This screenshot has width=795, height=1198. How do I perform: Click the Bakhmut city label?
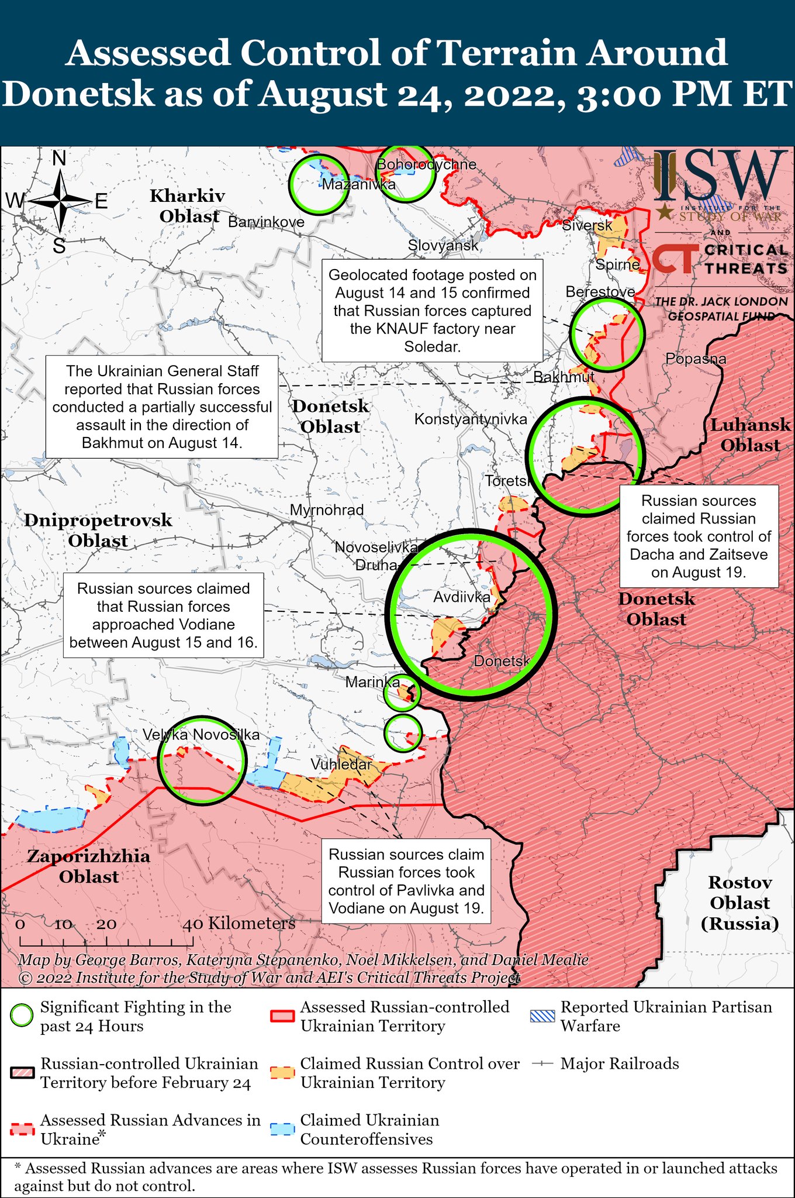click(x=564, y=377)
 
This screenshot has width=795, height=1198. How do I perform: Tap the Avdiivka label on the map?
click(x=462, y=597)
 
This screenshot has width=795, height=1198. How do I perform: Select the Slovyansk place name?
click(x=443, y=246)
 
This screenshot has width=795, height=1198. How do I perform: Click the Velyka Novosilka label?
click(x=202, y=735)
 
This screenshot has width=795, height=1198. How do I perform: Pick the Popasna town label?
click(x=696, y=359)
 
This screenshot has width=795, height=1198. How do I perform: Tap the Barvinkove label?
click(x=266, y=222)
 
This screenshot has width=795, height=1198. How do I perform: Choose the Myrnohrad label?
click(x=327, y=510)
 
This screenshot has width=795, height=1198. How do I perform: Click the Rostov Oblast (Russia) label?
click(x=740, y=903)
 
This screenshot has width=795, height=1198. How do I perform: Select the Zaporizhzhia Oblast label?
click(x=89, y=866)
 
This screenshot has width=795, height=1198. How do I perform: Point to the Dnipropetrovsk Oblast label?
click(x=98, y=531)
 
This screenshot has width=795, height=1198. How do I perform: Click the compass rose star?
click(x=60, y=202)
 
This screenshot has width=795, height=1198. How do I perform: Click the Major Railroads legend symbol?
click(x=542, y=1064)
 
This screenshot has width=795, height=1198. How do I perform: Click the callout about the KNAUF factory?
click(x=433, y=311)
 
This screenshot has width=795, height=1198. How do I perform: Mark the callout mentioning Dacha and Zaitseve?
click(x=699, y=536)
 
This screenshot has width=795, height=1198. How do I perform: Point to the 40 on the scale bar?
click(x=193, y=924)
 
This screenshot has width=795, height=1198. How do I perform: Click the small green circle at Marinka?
click(x=402, y=693)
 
